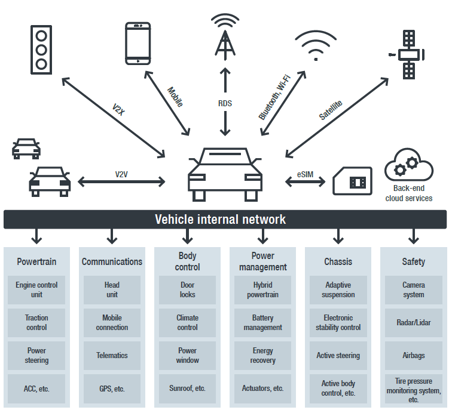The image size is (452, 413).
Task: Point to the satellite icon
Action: click(x=408, y=54)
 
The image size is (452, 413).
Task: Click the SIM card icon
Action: click(x=352, y=181)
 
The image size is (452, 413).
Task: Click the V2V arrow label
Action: click(x=122, y=174)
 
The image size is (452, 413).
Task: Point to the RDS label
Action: click(x=225, y=103)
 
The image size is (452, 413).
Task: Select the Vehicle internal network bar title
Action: click(x=220, y=219)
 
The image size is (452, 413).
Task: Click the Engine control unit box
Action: click(x=37, y=290)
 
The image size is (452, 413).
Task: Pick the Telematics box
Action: click(x=112, y=356)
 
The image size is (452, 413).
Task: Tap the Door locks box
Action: click(x=188, y=290)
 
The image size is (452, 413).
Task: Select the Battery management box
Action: click(x=263, y=323)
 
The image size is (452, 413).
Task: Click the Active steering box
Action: click(x=338, y=356)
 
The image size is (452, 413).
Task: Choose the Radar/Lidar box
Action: click(x=414, y=323)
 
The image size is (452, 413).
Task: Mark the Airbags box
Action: click(x=414, y=356)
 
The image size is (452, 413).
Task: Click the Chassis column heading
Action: click(x=338, y=261)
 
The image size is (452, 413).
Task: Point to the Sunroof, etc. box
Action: click(x=188, y=389)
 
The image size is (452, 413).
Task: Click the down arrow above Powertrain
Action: click(x=37, y=236)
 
